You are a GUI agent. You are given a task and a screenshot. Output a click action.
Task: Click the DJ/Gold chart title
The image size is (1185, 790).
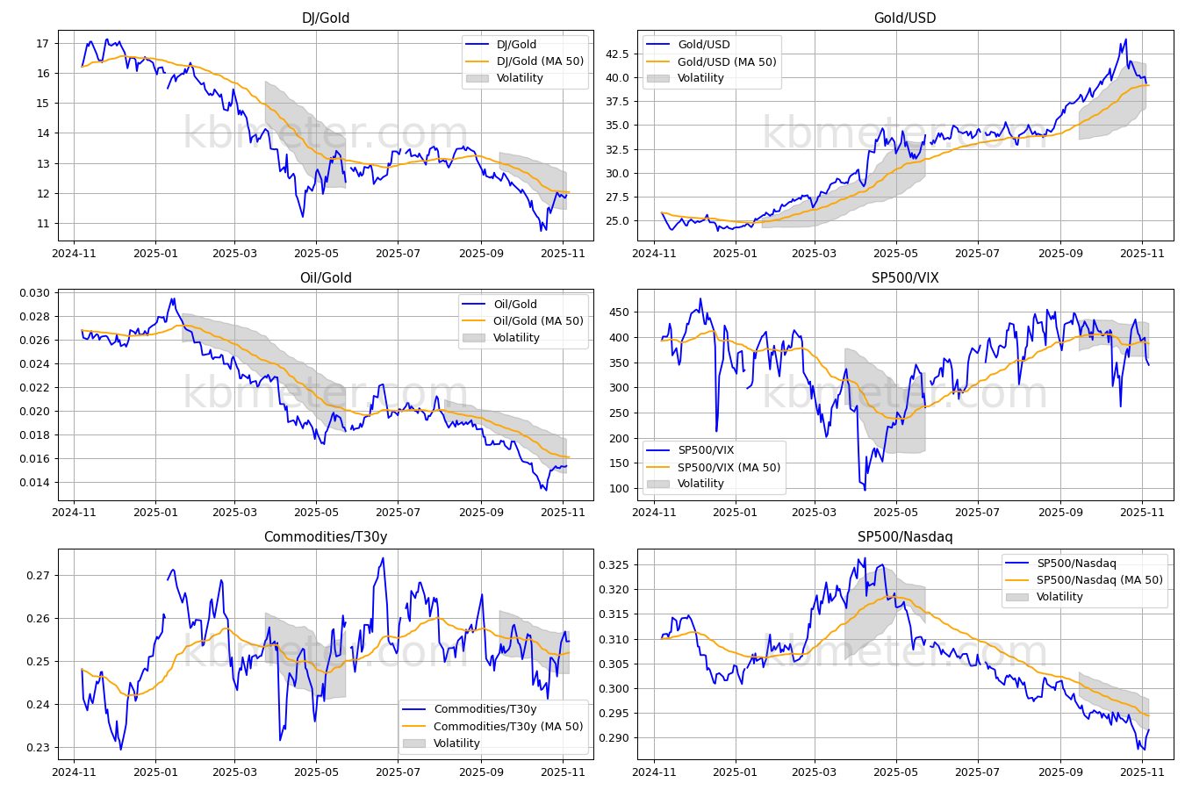(326, 18)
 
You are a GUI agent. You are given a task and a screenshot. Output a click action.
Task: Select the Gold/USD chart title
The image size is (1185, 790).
(905, 18)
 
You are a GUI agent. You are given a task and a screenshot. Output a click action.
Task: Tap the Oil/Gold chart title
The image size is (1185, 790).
(326, 278)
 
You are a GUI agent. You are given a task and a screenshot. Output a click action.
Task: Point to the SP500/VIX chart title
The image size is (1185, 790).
(905, 278)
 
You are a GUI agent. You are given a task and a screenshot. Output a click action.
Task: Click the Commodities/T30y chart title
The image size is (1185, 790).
(326, 537)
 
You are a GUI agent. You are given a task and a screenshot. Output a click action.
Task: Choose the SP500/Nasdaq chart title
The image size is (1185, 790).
(905, 537)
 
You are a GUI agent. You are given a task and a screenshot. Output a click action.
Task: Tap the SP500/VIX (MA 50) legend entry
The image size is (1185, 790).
(728, 468)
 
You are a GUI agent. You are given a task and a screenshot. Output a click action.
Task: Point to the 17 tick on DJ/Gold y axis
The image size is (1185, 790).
(42, 44)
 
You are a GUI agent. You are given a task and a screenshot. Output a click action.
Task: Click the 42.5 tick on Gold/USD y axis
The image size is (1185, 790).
(617, 54)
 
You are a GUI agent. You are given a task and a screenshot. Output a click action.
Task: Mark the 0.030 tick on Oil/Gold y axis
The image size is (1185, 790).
(35, 293)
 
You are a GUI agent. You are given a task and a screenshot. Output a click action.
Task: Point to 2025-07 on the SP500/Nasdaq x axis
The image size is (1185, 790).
(977, 772)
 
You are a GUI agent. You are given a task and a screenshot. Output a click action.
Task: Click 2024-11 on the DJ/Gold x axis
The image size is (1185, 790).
(75, 254)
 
